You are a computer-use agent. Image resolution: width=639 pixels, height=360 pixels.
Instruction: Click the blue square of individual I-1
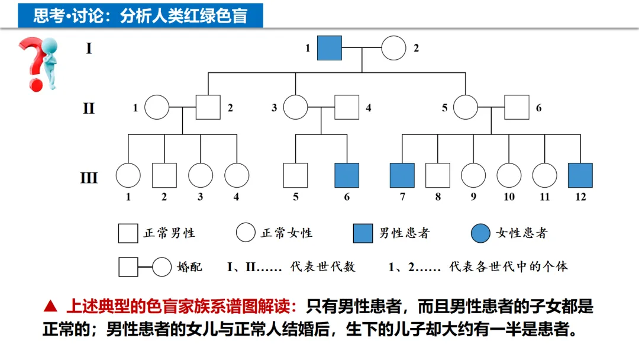(330, 48)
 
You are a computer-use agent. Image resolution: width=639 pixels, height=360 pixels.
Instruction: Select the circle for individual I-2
(393, 48)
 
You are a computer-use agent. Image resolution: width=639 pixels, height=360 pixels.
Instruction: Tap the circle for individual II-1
(157, 108)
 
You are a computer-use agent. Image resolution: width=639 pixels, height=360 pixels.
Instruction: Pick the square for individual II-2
(208, 108)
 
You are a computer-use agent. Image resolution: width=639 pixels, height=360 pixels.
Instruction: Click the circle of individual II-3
(295, 108)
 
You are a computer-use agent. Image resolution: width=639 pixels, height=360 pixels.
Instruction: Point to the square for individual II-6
(516, 108)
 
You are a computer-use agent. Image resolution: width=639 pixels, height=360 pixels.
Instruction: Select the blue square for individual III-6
(347, 175)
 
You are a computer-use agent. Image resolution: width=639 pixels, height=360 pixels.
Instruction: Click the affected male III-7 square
(402, 175)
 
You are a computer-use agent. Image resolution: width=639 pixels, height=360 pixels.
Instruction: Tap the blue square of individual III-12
(580, 175)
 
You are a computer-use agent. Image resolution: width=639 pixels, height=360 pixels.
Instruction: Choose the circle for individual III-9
(473, 175)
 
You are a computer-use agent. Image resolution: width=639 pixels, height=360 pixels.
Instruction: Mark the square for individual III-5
(295, 175)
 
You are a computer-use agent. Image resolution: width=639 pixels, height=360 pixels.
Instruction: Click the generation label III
(89, 177)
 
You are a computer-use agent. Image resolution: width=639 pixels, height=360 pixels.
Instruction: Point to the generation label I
(89, 48)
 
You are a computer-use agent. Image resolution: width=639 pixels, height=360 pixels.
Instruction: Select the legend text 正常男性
(169, 233)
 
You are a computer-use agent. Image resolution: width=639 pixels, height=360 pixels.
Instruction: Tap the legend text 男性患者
(404, 233)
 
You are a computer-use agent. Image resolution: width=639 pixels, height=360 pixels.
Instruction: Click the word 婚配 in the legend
(189, 266)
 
